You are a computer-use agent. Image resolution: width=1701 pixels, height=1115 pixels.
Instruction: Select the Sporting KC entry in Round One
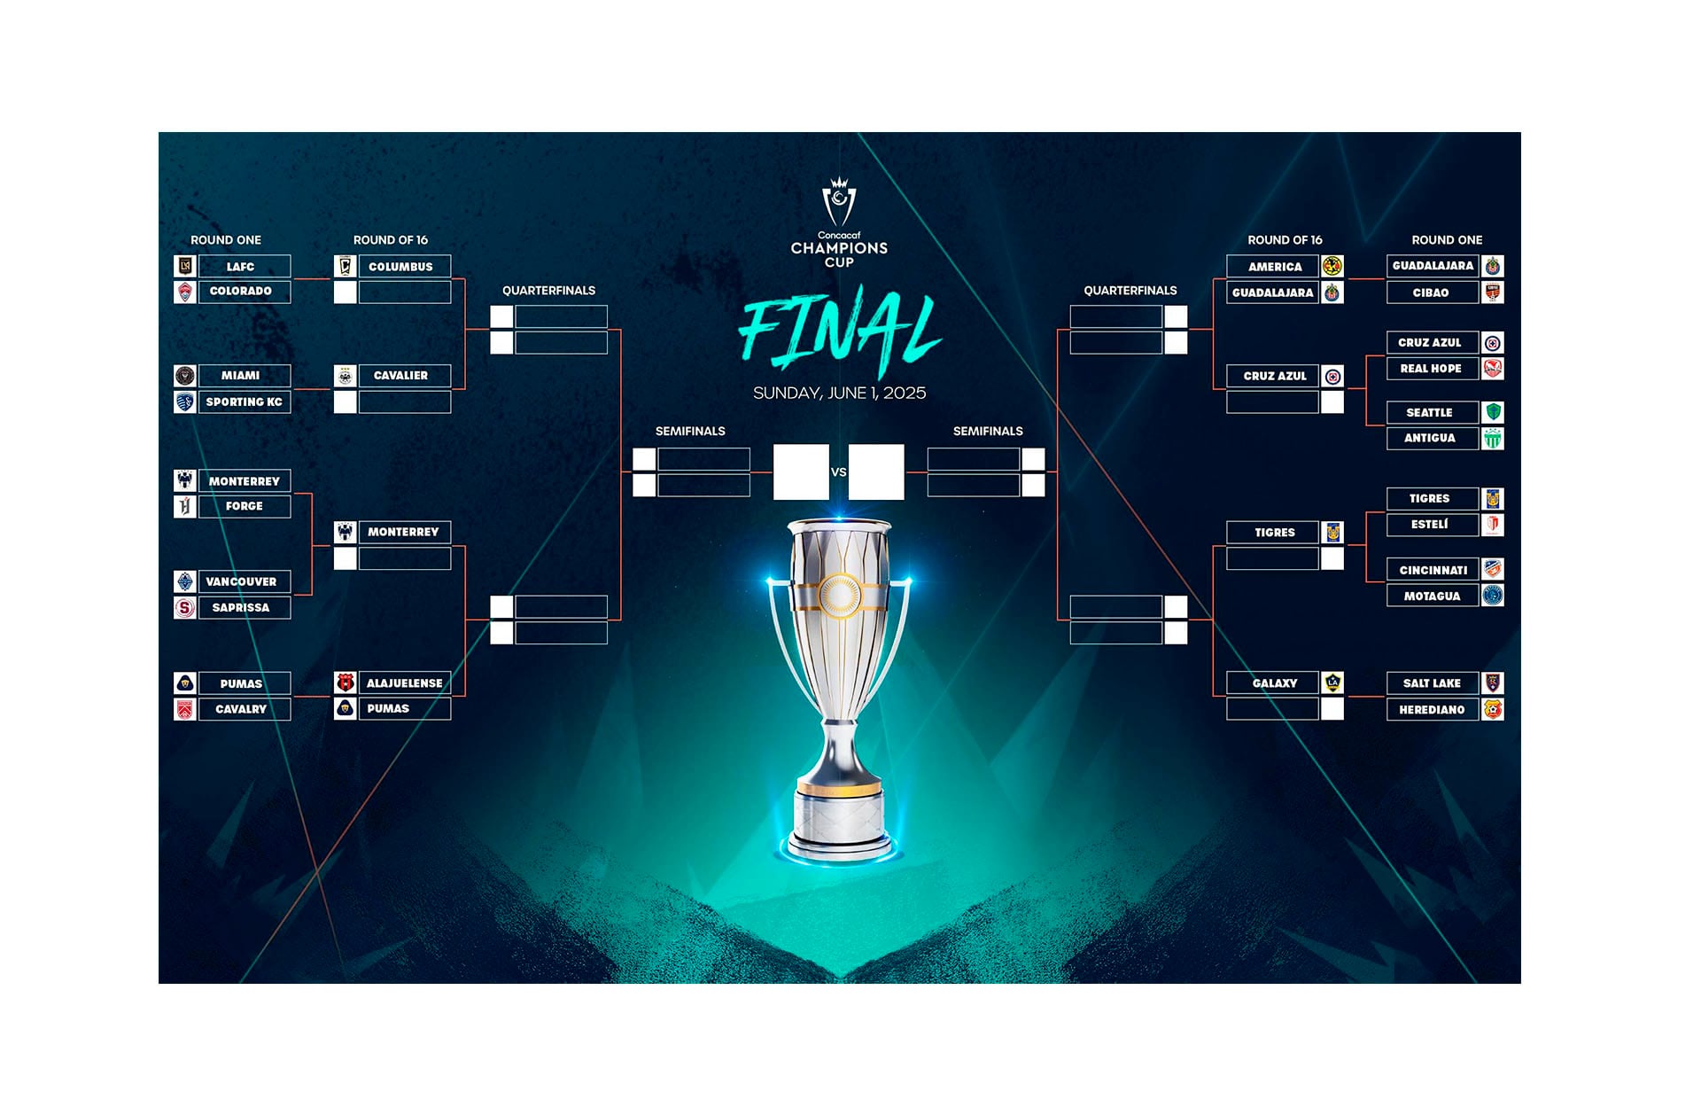(x=244, y=402)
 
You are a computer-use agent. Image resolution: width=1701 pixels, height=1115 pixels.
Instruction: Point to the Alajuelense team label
(x=403, y=683)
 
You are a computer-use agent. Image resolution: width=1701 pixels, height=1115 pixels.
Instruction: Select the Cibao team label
(x=1431, y=292)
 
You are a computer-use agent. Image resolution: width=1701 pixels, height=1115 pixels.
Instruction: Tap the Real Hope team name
(x=1431, y=369)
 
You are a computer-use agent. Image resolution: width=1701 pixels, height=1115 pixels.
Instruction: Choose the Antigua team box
(x=1431, y=438)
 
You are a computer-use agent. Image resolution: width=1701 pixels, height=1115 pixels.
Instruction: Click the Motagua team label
(x=1431, y=596)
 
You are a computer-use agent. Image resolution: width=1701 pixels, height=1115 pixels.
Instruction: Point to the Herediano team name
(x=1431, y=710)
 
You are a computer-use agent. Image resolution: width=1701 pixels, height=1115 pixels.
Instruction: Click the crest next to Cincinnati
(x=1493, y=569)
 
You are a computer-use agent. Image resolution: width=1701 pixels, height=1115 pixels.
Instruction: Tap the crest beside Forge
(x=185, y=506)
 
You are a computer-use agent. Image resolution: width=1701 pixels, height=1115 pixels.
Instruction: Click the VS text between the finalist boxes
(x=839, y=472)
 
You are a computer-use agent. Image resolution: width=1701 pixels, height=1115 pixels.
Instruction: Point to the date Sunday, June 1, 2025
(x=839, y=393)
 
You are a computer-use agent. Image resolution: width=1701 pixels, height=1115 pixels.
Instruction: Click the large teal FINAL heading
(x=839, y=332)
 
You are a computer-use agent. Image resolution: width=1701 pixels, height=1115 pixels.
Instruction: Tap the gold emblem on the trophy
(x=839, y=594)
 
